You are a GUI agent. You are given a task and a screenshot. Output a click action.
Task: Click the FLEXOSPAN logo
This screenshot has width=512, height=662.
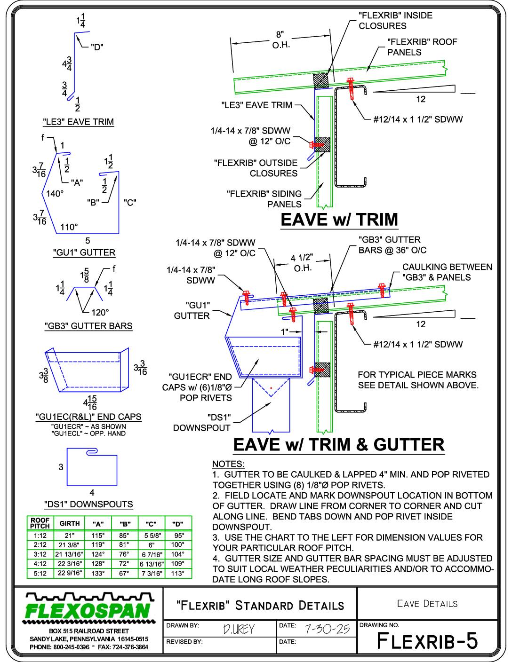pyautogui.click(x=89, y=608)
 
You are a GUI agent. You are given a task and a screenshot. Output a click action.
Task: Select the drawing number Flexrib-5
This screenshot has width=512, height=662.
pyautogui.click(x=427, y=641)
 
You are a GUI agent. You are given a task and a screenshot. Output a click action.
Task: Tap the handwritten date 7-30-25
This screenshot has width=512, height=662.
pyautogui.click(x=327, y=629)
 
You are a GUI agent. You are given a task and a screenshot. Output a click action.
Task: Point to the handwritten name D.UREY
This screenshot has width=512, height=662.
pyautogui.click(x=239, y=629)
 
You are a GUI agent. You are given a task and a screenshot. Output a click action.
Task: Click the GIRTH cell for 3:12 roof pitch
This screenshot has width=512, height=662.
pyautogui.click(x=70, y=554)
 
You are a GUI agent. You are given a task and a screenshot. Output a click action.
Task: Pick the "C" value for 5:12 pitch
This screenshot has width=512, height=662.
pyautogui.click(x=152, y=573)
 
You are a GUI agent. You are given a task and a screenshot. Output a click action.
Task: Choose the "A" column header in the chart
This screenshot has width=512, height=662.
pyautogui.click(x=98, y=524)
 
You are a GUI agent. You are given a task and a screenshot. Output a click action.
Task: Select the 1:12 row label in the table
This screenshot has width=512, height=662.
pyautogui.click(x=40, y=535)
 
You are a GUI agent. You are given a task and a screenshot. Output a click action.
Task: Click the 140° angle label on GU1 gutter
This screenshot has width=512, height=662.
pyautogui.click(x=55, y=193)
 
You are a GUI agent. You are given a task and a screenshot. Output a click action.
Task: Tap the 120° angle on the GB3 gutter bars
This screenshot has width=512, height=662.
pyautogui.click(x=100, y=313)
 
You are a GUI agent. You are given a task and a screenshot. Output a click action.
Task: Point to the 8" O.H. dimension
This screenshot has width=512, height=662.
pyautogui.click(x=280, y=40)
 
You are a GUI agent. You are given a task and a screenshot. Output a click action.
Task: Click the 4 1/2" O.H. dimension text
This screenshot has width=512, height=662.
pyautogui.click(x=302, y=263)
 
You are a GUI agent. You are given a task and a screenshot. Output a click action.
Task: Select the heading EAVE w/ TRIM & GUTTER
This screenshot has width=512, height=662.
pyautogui.click(x=339, y=444)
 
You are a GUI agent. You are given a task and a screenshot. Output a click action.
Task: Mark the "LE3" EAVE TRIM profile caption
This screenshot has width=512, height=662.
pyautogui.click(x=79, y=122)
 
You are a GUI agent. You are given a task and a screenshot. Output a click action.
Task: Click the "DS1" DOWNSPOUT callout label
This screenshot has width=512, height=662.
pyautogui.click(x=201, y=423)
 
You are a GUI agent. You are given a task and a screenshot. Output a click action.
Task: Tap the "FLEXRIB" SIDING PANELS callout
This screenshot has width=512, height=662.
pyautogui.click(x=264, y=199)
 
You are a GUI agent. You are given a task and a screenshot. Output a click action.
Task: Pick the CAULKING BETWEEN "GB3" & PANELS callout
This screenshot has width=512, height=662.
pyautogui.click(x=447, y=272)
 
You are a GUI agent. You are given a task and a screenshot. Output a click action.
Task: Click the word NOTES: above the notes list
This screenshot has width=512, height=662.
pyautogui.click(x=228, y=464)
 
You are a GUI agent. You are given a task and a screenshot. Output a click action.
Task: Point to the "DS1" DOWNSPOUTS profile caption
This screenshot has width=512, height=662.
pyautogui.click(x=88, y=504)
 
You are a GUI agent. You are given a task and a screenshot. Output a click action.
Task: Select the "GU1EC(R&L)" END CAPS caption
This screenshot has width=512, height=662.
pyautogui.click(x=89, y=417)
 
